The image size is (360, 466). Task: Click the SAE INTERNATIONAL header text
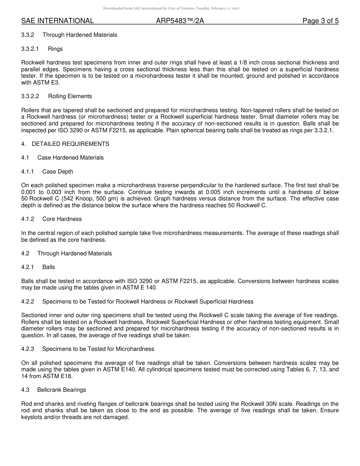point(57,21)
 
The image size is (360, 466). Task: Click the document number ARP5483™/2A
point(180,21)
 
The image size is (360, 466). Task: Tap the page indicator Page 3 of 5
point(320,21)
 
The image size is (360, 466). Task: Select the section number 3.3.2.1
point(30,49)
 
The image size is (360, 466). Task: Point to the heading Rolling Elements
point(70,97)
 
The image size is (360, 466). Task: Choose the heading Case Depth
point(58,172)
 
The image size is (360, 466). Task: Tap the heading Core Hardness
point(62,219)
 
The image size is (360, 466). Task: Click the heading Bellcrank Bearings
point(61,390)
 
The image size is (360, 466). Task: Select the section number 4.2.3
point(28,349)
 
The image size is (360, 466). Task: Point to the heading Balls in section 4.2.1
point(49,267)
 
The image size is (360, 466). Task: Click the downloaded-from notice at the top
point(171,8)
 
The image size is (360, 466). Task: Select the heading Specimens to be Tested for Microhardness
point(98,349)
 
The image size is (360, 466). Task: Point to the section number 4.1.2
point(28,219)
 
